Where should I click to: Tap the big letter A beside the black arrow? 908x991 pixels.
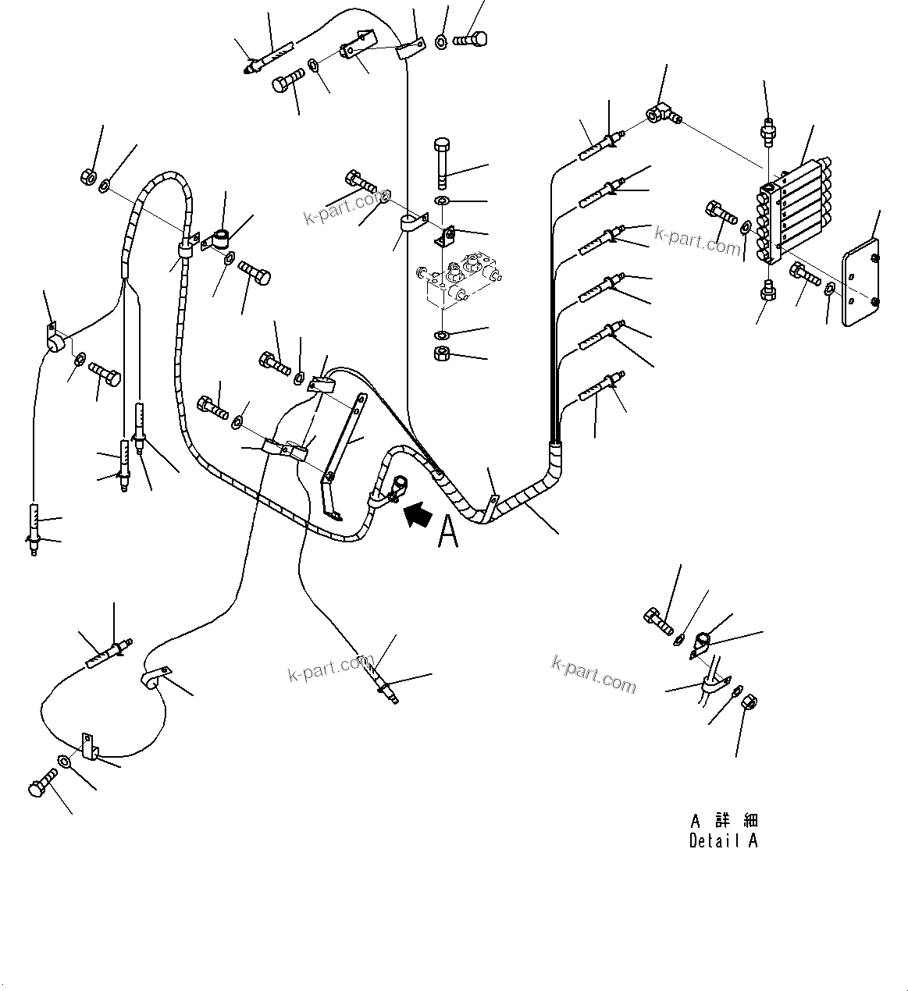click(448, 534)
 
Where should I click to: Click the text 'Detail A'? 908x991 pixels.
click(723, 841)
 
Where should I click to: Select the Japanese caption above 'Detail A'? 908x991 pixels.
click(724, 820)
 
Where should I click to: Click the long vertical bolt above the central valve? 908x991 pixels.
click(440, 162)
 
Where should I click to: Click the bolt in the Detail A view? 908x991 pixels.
click(657, 621)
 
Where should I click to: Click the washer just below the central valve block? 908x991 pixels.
click(441, 336)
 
